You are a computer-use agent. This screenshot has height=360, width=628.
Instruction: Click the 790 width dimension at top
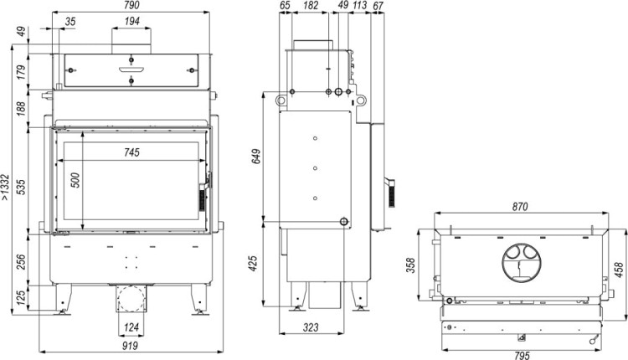[x=131, y=8]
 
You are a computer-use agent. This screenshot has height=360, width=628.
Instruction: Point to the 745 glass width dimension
[x=131, y=152]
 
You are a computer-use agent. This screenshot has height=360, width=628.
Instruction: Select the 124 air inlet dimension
[x=131, y=327]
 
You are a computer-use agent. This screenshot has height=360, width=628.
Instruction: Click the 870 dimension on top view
[x=520, y=206]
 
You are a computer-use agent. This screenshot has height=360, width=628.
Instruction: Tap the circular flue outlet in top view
[x=520, y=262]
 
